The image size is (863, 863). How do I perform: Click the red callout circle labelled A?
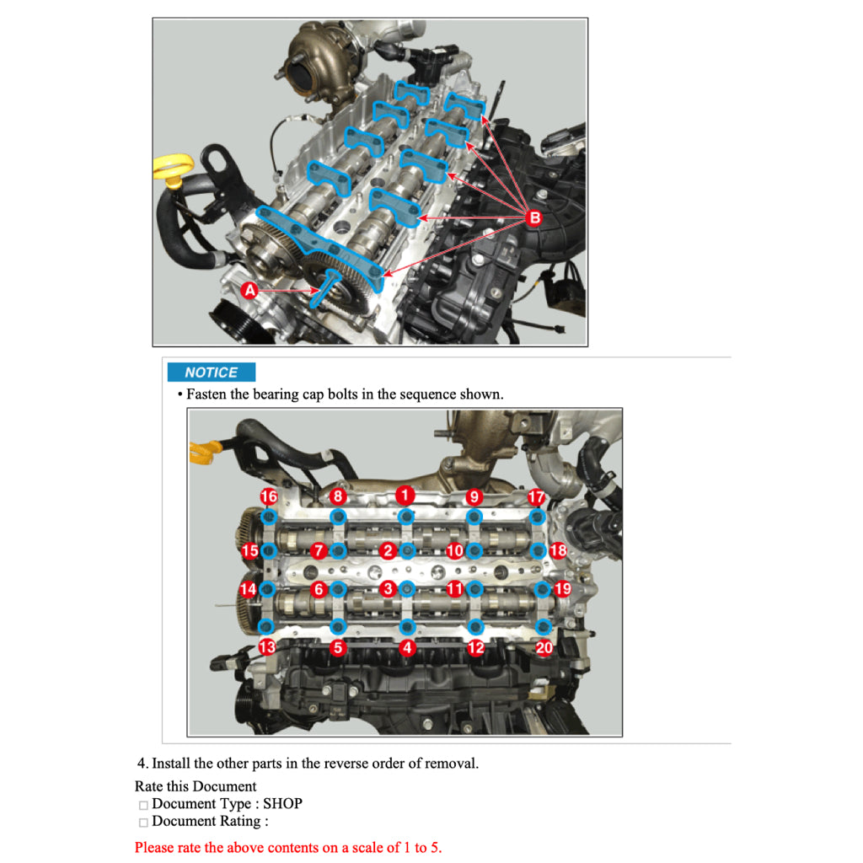tap(249, 291)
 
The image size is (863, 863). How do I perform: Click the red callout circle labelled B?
tap(533, 219)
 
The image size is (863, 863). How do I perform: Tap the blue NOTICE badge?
tap(211, 373)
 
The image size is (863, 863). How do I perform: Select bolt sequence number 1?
tap(406, 495)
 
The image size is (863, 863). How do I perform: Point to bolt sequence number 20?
tap(545, 647)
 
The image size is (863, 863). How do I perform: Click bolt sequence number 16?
tap(269, 496)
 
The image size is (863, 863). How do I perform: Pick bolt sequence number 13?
tap(267, 647)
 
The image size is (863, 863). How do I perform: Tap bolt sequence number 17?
tap(537, 497)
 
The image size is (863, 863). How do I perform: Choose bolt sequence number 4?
tap(408, 647)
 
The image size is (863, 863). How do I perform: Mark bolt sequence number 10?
tap(455, 551)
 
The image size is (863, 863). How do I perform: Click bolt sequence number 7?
tap(319, 551)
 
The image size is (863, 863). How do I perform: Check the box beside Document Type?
tap(143, 806)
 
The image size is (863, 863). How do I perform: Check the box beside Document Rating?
tap(143, 823)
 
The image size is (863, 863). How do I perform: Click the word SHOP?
tap(282, 804)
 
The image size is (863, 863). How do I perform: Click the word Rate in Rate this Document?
tap(149, 786)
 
